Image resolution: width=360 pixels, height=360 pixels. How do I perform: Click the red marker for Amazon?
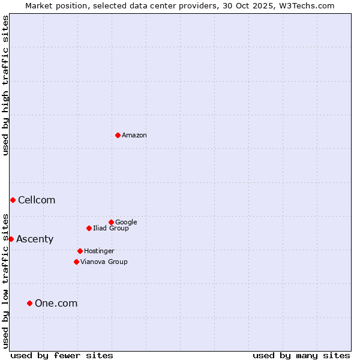(x=118, y=135)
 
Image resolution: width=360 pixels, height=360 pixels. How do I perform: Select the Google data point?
(x=111, y=222)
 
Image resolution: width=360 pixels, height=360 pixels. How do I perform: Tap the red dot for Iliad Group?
(x=89, y=228)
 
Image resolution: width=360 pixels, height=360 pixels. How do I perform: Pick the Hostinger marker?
(x=80, y=251)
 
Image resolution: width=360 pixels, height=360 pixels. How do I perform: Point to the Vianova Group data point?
(x=76, y=262)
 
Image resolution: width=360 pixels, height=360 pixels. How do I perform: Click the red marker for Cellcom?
(x=13, y=200)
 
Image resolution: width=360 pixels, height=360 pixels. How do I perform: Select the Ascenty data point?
(x=11, y=239)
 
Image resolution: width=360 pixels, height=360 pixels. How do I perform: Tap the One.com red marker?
(x=29, y=303)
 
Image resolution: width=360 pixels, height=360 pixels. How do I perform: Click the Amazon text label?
(x=134, y=136)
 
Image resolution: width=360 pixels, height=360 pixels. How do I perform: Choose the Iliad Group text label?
(x=111, y=229)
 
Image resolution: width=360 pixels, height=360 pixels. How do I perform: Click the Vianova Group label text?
(x=104, y=262)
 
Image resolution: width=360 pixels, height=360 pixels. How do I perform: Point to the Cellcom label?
(x=37, y=200)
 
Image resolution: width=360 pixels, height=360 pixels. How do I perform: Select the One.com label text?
(x=56, y=304)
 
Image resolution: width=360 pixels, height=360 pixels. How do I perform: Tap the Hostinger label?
(x=99, y=251)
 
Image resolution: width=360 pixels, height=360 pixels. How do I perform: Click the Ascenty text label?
(x=35, y=239)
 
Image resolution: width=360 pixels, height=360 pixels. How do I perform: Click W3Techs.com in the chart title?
(x=306, y=5)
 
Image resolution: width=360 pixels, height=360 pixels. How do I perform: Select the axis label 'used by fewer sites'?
(x=62, y=355)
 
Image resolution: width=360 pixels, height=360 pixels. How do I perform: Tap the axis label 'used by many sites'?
(x=301, y=355)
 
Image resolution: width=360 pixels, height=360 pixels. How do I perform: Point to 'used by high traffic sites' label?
(x=5, y=85)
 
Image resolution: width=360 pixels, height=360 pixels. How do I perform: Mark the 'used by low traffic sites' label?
(x=5, y=280)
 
